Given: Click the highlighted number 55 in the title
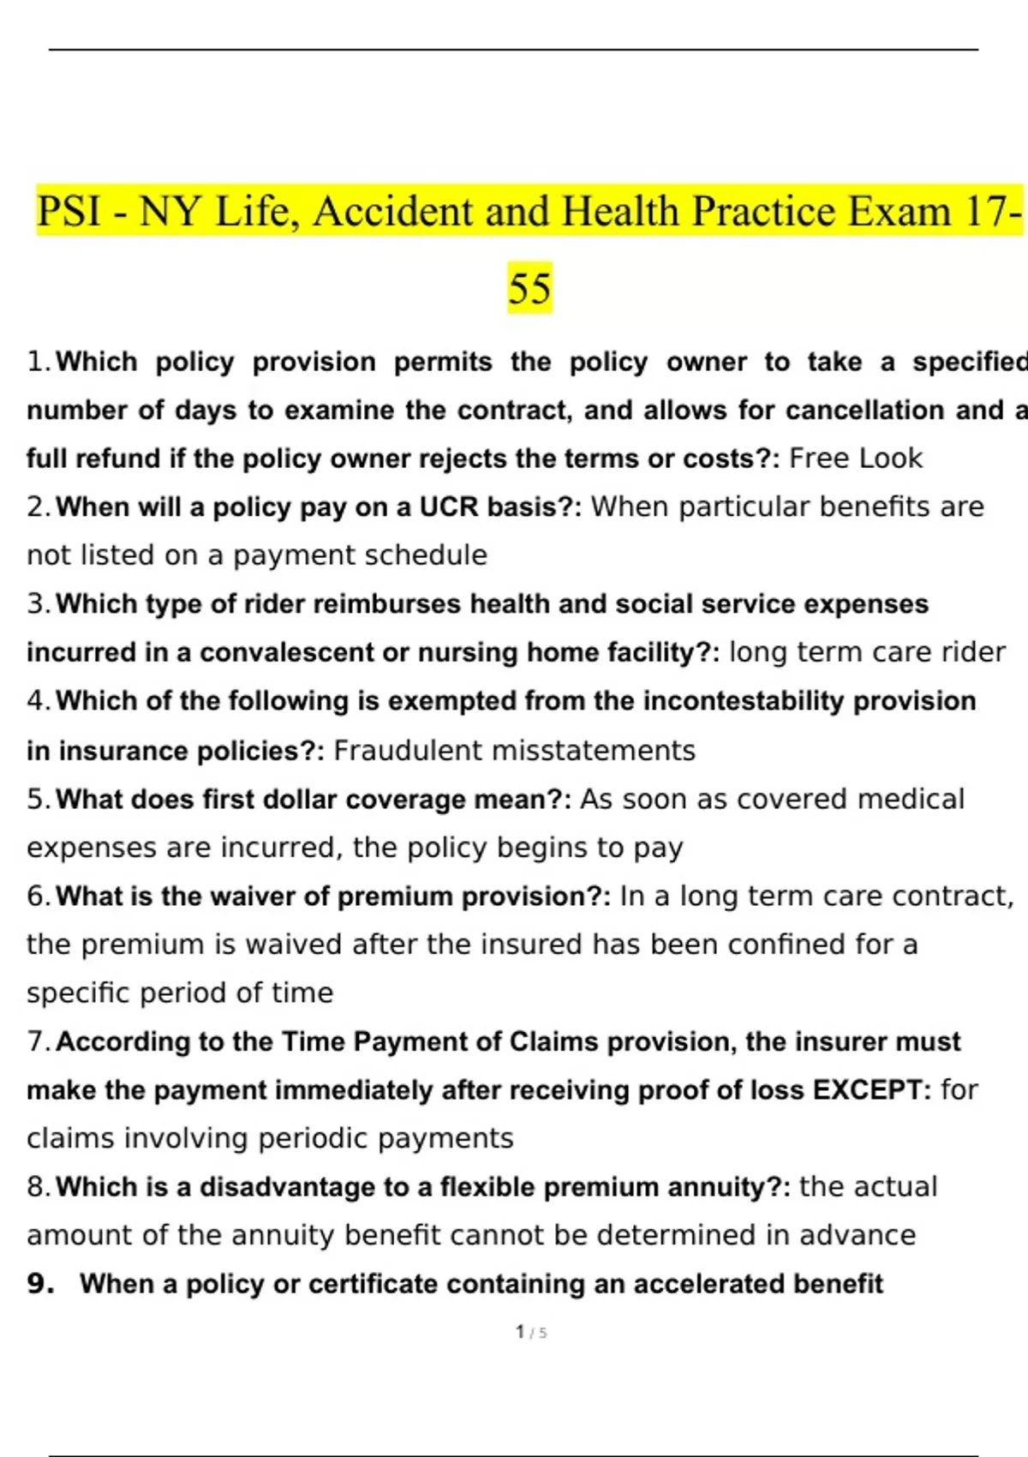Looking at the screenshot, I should pyautogui.click(x=529, y=288).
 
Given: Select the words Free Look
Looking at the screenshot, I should pyautogui.click(x=855, y=459).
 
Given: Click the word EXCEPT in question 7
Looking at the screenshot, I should pyautogui.click(x=866, y=1090).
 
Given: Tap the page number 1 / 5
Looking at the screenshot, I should pyautogui.click(x=531, y=1332).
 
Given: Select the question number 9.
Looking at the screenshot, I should pyautogui.click(x=40, y=1284).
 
